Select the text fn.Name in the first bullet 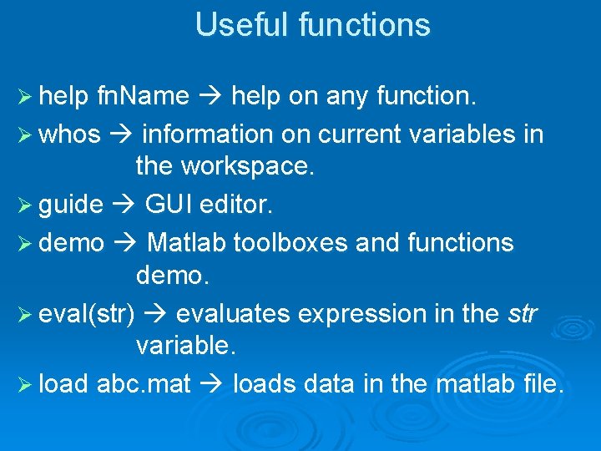[x=144, y=97]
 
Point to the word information [x=207, y=134]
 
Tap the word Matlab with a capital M [x=187, y=243]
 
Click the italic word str [x=523, y=315]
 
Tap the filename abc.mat [x=144, y=385]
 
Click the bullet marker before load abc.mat [x=24, y=385]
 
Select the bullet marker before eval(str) [x=24, y=315]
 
